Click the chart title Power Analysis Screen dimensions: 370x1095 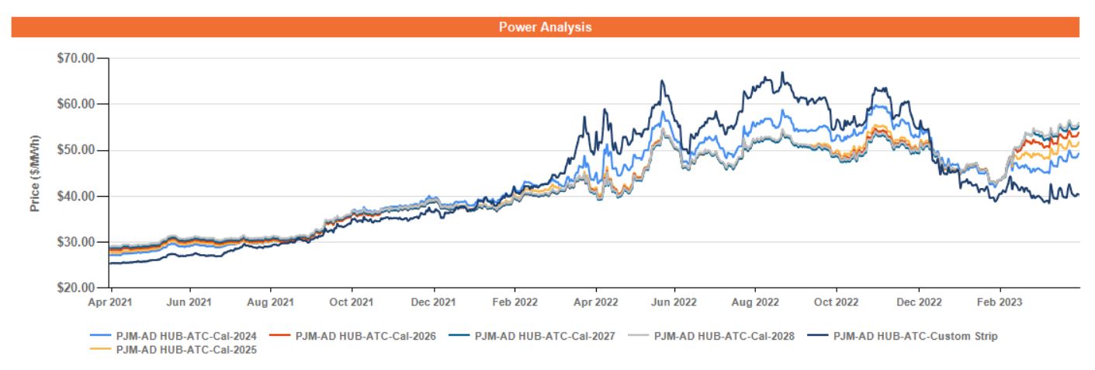pyautogui.click(x=545, y=27)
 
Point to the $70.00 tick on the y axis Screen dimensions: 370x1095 pyautogui.click(x=77, y=58)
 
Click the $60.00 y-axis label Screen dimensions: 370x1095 pyautogui.click(x=77, y=103)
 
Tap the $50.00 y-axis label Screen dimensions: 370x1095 pyautogui.click(x=77, y=149)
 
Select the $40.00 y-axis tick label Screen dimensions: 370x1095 pyautogui.click(x=77, y=196)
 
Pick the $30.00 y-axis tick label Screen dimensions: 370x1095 pyautogui.click(x=77, y=242)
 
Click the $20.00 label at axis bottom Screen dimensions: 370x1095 pyautogui.click(x=77, y=288)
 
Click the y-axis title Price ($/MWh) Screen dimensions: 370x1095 pyautogui.click(x=35, y=173)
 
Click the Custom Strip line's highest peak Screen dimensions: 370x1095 pyautogui.click(x=782, y=72)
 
